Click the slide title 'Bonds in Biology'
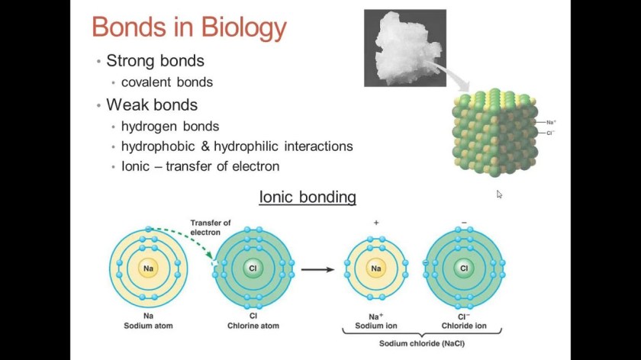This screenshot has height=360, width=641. click(189, 27)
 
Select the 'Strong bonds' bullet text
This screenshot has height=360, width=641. click(156, 60)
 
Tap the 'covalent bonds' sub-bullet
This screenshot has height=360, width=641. click(167, 82)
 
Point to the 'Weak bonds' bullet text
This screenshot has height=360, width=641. click(152, 105)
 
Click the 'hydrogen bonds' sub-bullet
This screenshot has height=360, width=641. click(170, 127)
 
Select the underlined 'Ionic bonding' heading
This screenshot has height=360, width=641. click(308, 197)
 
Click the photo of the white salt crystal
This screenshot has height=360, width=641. click(405, 48)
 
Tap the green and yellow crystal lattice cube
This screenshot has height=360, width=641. click(494, 133)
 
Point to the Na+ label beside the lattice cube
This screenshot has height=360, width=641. click(551, 122)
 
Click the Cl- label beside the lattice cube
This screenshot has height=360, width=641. click(551, 133)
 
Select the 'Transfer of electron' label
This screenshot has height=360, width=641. click(211, 227)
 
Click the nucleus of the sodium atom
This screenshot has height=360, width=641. click(148, 268)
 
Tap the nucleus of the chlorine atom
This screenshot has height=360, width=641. click(253, 268)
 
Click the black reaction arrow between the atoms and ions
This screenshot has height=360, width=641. click(317, 270)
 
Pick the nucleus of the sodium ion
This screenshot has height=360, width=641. click(376, 268)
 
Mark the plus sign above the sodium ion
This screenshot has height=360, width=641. click(376, 223)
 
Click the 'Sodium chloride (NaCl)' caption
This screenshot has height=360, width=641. click(422, 343)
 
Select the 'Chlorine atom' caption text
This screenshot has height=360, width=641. click(253, 326)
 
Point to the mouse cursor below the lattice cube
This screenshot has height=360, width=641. click(499, 194)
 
